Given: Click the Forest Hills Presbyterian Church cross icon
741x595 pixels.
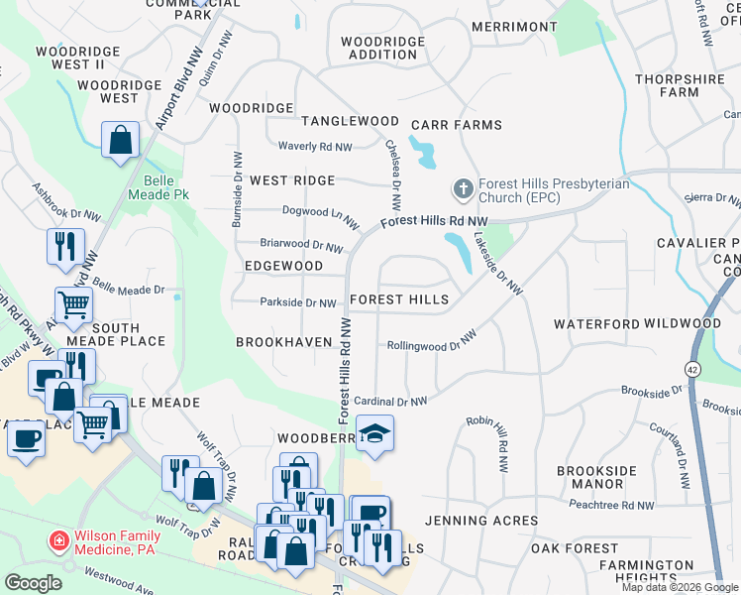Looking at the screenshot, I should tap(462, 188).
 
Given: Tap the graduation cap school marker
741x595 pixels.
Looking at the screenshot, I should tap(373, 433).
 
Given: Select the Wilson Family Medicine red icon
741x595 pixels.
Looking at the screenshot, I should tap(59, 540).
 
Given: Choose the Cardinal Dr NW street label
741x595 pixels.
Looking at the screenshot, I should tap(390, 401).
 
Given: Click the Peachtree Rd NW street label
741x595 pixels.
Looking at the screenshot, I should tap(611, 505).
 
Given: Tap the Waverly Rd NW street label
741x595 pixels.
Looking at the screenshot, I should tap(315, 147).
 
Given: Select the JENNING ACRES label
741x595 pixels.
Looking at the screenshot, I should tap(481, 521).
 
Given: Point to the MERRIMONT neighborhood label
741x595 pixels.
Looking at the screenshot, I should tap(514, 26).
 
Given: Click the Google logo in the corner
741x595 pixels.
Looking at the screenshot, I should tap(33, 583).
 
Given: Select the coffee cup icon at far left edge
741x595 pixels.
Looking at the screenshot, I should tap(26, 437).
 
